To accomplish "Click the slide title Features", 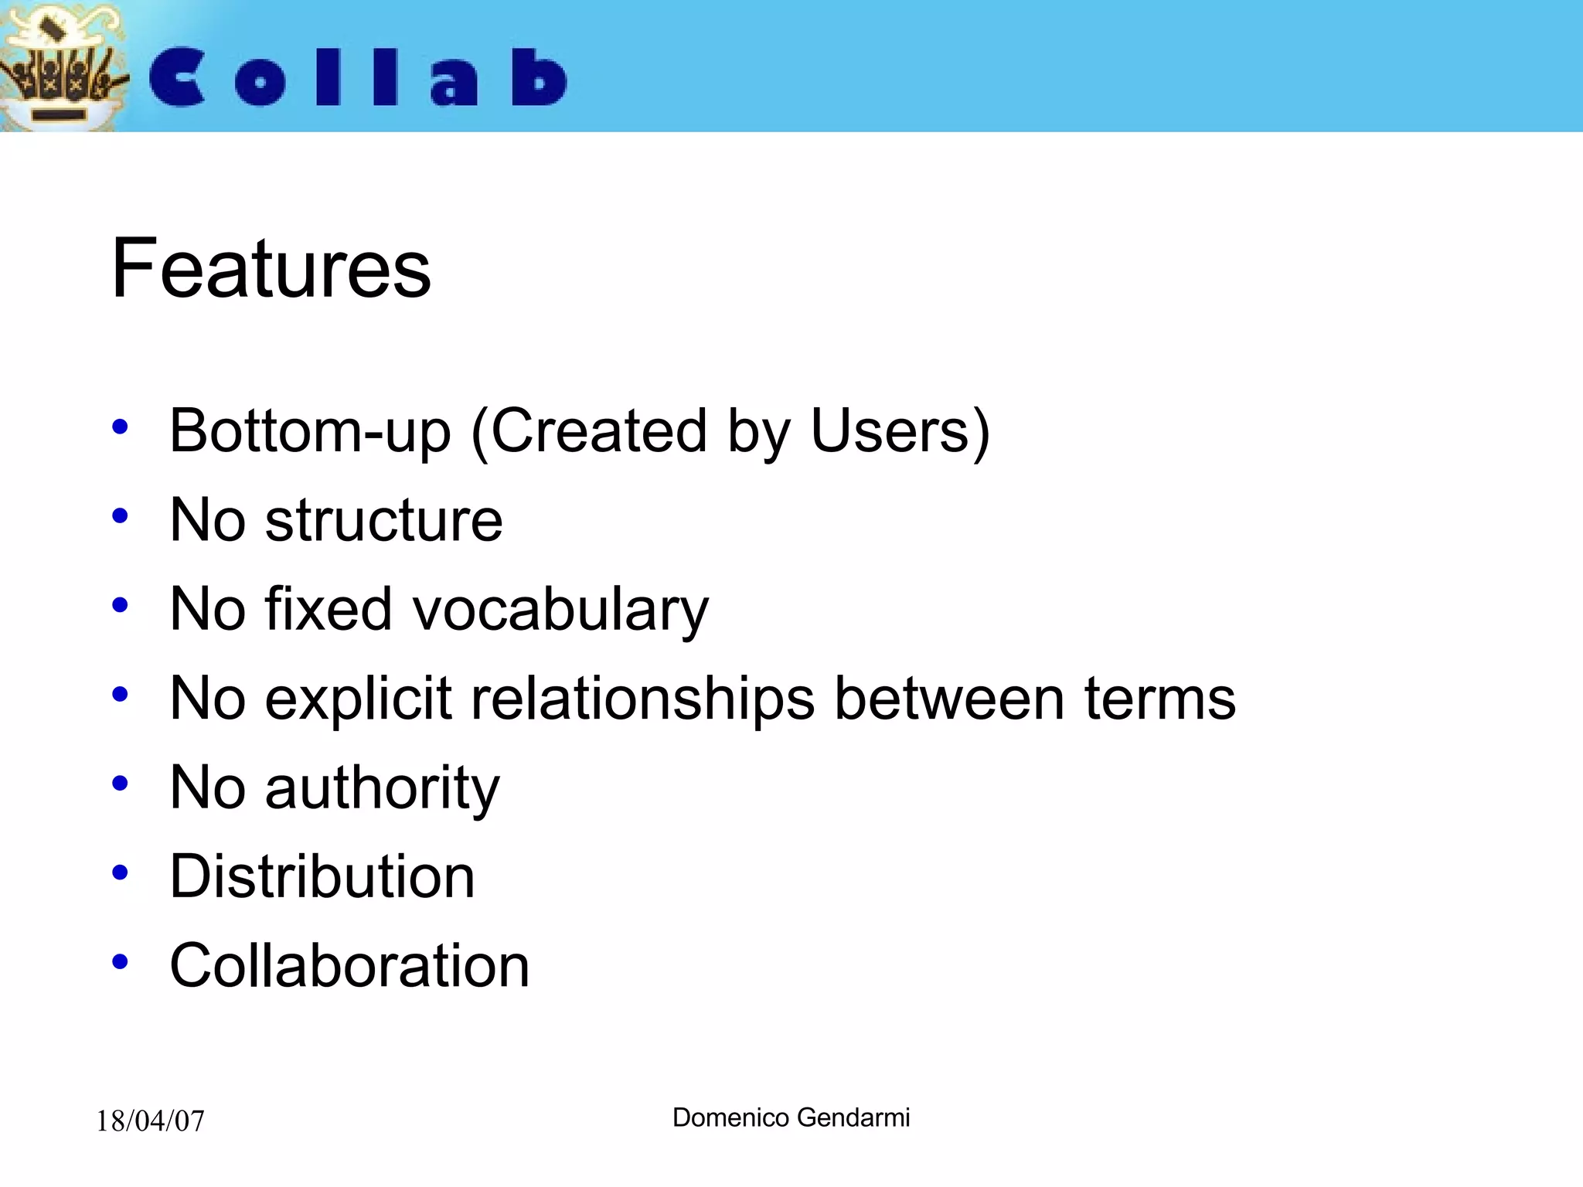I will click(x=271, y=269).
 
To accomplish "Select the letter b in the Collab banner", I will click(x=540, y=77).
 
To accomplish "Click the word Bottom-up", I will click(x=310, y=431).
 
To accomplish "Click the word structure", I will click(x=383, y=520).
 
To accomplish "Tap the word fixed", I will click(x=329, y=609).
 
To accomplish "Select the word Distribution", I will click(x=322, y=877).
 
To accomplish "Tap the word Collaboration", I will click(x=349, y=966).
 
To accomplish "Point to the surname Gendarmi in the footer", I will click(x=853, y=1117).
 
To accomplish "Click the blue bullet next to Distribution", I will click(x=120, y=873).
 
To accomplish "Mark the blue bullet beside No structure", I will click(x=120, y=515).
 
